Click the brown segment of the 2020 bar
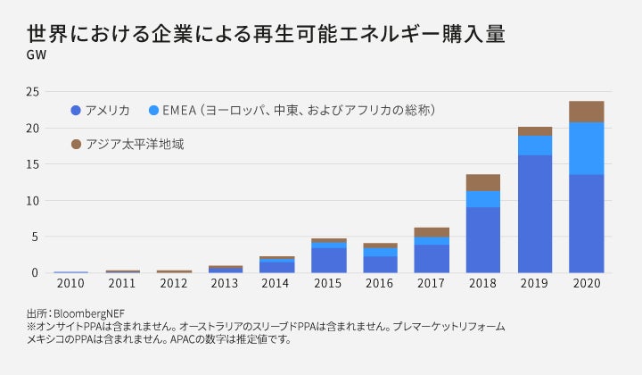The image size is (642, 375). [x=586, y=112]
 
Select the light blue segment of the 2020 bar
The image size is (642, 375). [x=586, y=148]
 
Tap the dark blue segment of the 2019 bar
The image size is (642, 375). [x=534, y=213]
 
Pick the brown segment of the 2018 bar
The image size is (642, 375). [x=482, y=182]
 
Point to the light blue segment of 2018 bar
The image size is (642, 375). [x=482, y=199]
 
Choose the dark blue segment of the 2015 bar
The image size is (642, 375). [x=328, y=260]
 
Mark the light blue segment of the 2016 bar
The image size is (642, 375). [x=380, y=253]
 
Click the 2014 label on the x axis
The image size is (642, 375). [x=277, y=284]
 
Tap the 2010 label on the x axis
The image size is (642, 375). [x=70, y=284]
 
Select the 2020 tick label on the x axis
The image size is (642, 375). [x=586, y=284]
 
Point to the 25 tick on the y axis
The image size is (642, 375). [x=32, y=92]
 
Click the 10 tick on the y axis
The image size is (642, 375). [x=32, y=201]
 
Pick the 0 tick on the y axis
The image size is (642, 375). [x=36, y=273]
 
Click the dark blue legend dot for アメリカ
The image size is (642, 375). [x=76, y=111]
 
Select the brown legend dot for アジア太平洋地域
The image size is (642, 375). [x=76, y=144]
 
